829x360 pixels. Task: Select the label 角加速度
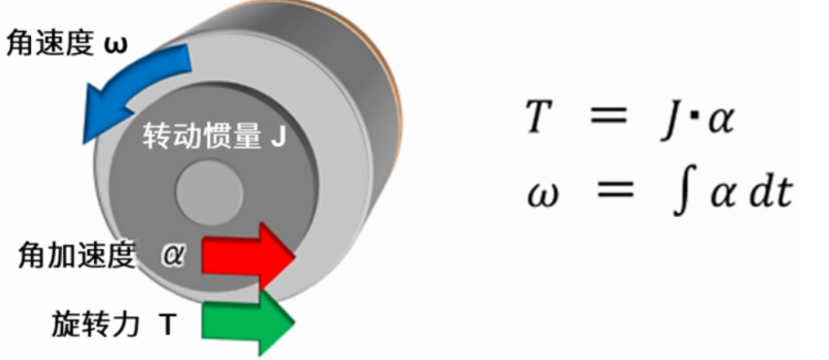point(75,256)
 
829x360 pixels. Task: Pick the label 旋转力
point(85,325)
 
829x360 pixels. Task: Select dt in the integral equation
point(772,194)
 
